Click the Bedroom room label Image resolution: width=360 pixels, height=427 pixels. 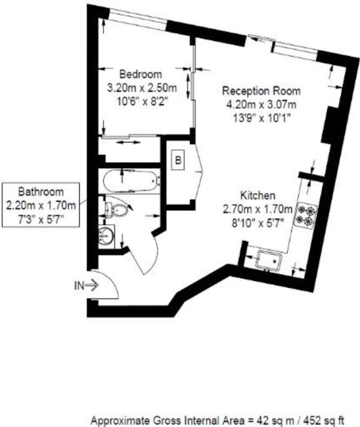[141, 74]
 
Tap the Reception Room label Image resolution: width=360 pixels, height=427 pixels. [261, 91]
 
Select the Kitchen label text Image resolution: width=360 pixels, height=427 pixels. [258, 195]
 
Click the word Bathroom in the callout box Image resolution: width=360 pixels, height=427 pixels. [41, 192]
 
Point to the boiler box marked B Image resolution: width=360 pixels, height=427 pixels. [178, 160]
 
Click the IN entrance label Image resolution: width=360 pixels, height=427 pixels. [79, 286]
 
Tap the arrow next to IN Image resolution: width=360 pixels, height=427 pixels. [92, 286]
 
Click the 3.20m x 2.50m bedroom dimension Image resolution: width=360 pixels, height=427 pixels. [142, 88]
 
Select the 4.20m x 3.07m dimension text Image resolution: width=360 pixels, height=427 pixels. [261, 104]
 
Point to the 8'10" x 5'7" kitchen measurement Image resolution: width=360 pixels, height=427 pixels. [257, 223]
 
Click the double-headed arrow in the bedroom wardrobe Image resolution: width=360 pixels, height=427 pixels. [128, 142]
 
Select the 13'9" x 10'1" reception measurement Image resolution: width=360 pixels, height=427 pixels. [262, 118]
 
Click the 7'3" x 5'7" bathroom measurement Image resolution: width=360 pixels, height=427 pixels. [41, 219]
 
